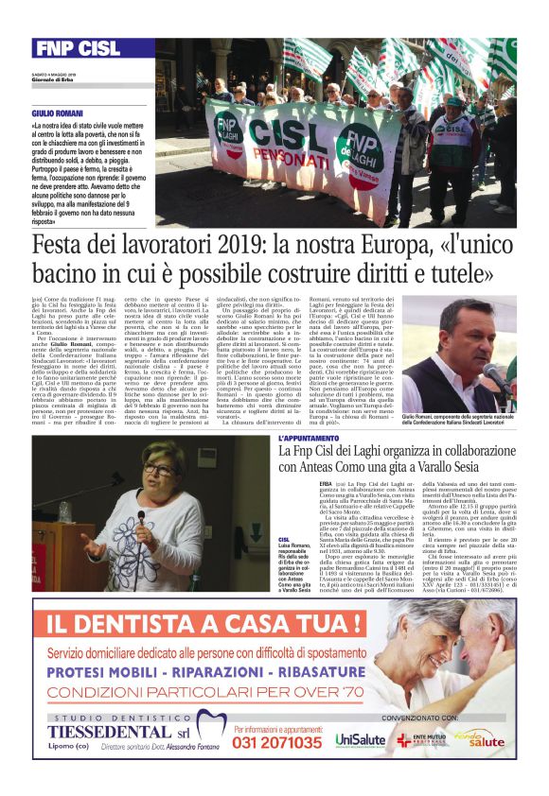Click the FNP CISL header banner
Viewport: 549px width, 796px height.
[x=80, y=48]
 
